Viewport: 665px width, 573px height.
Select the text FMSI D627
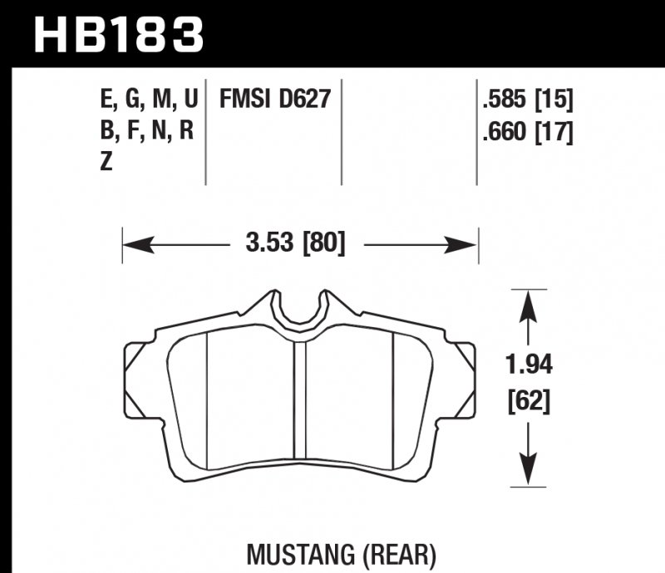click(x=275, y=100)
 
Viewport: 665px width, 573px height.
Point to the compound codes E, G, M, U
click(x=148, y=101)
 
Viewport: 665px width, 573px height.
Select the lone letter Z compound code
click(x=106, y=164)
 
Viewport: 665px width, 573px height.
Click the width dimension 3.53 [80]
click(x=295, y=244)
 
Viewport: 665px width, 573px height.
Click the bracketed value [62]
click(x=529, y=403)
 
